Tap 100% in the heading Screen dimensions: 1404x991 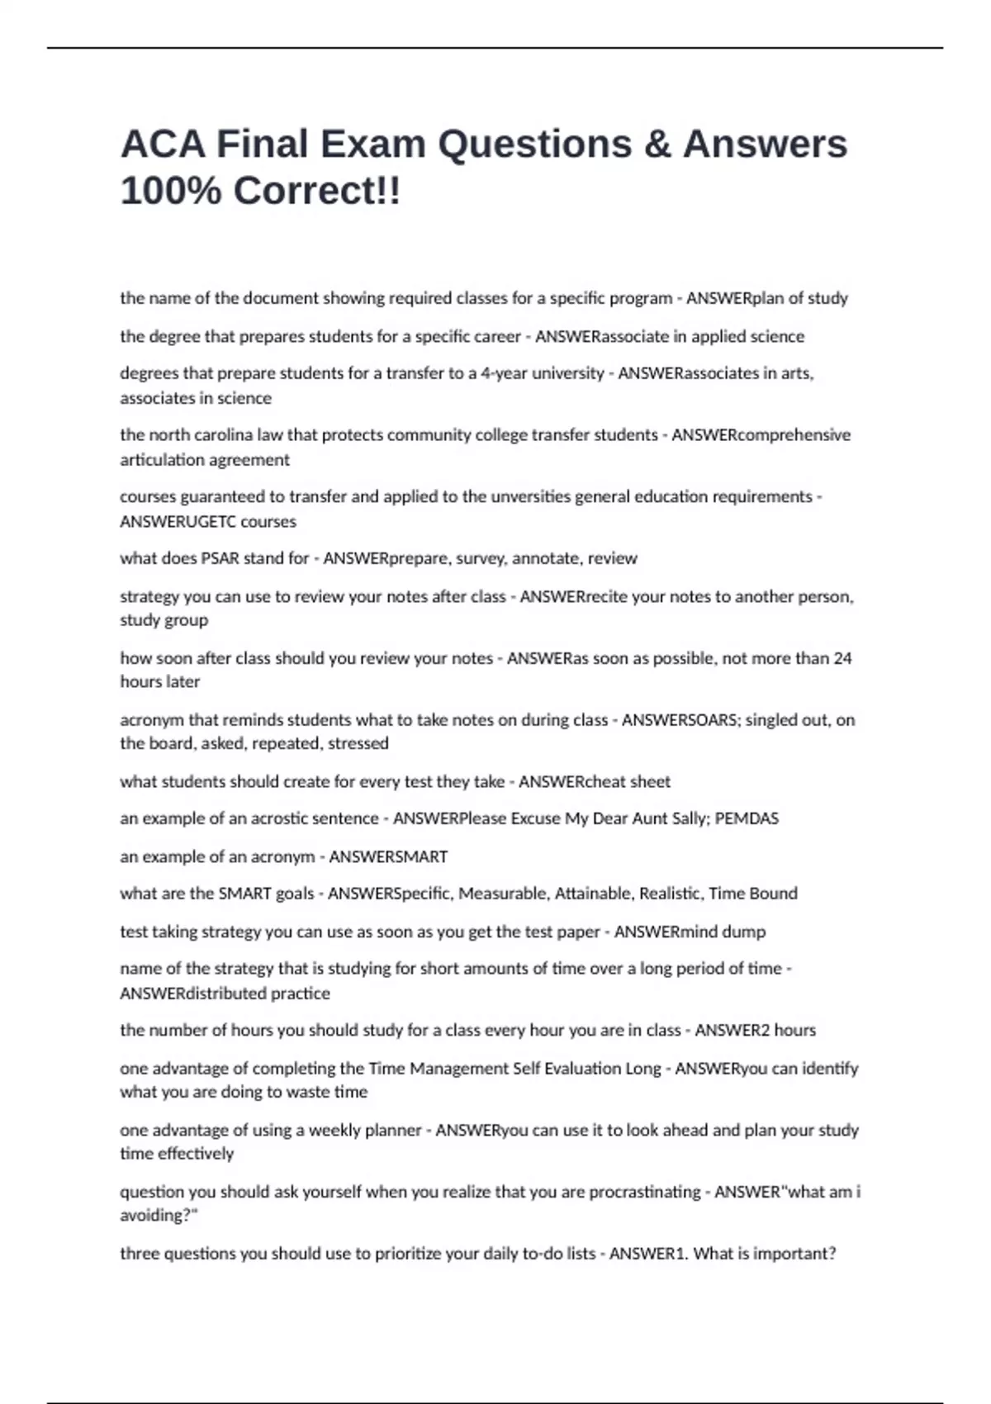tap(171, 192)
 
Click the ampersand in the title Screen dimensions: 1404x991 tap(657, 145)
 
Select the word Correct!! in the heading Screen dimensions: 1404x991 tap(317, 192)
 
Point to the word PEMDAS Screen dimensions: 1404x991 tap(747, 818)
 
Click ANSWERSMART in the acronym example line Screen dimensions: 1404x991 tap(388, 856)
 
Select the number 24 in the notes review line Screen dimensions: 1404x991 tap(842, 658)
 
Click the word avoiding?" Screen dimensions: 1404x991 tap(159, 1216)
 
